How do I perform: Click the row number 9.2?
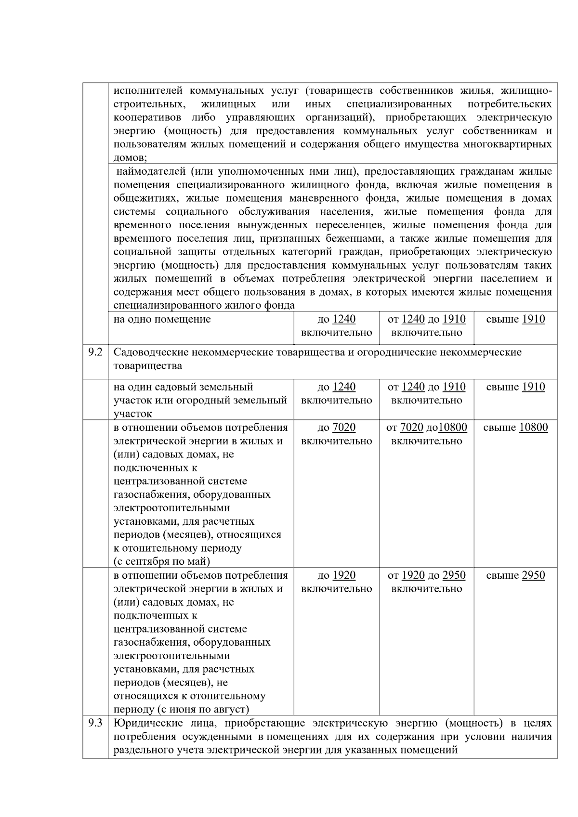[95, 352]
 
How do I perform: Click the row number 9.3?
[95, 723]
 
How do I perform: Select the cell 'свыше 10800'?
[515, 428]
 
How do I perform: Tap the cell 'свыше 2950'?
[515, 575]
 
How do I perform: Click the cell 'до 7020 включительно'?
[336, 434]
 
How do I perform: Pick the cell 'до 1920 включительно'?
[336, 582]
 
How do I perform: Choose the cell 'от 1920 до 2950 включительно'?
[426, 582]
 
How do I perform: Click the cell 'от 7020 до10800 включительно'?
[426, 434]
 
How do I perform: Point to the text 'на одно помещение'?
[162, 319]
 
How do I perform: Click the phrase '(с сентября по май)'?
[162, 561]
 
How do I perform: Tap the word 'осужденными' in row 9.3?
[222, 737]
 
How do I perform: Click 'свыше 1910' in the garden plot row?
[515, 387]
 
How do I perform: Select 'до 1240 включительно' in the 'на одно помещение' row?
[336, 325]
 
